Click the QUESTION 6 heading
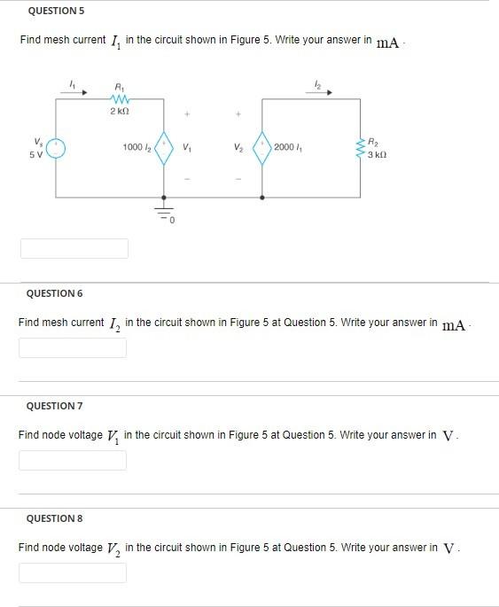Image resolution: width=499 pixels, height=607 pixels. tap(54, 293)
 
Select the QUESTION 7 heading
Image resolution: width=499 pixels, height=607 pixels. tap(54, 406)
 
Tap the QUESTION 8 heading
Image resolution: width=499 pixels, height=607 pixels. tap(54, 518)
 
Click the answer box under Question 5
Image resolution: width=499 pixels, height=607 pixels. tap(74, 248)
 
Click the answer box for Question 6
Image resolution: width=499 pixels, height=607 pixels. tap(73, 347)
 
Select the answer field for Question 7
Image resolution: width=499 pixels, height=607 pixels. tap(73, 460)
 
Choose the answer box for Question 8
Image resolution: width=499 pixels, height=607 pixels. tap(73, 572)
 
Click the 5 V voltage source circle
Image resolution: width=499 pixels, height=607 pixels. tap(56, 148)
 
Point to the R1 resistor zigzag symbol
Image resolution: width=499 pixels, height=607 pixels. tap(120, 98)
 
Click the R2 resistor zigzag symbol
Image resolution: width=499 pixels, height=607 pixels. tap(361, 148)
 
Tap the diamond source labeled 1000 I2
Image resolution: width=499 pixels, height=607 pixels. tap(163, 148)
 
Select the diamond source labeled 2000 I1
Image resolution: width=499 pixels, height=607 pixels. tap(262, 148)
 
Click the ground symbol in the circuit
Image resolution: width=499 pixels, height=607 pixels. tap(163, 212)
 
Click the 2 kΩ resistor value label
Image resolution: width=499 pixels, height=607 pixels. tap(120, 112)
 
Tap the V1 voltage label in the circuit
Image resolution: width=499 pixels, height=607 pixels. tap(186, 148)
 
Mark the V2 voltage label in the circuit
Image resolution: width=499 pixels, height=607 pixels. tap(238, 148)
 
